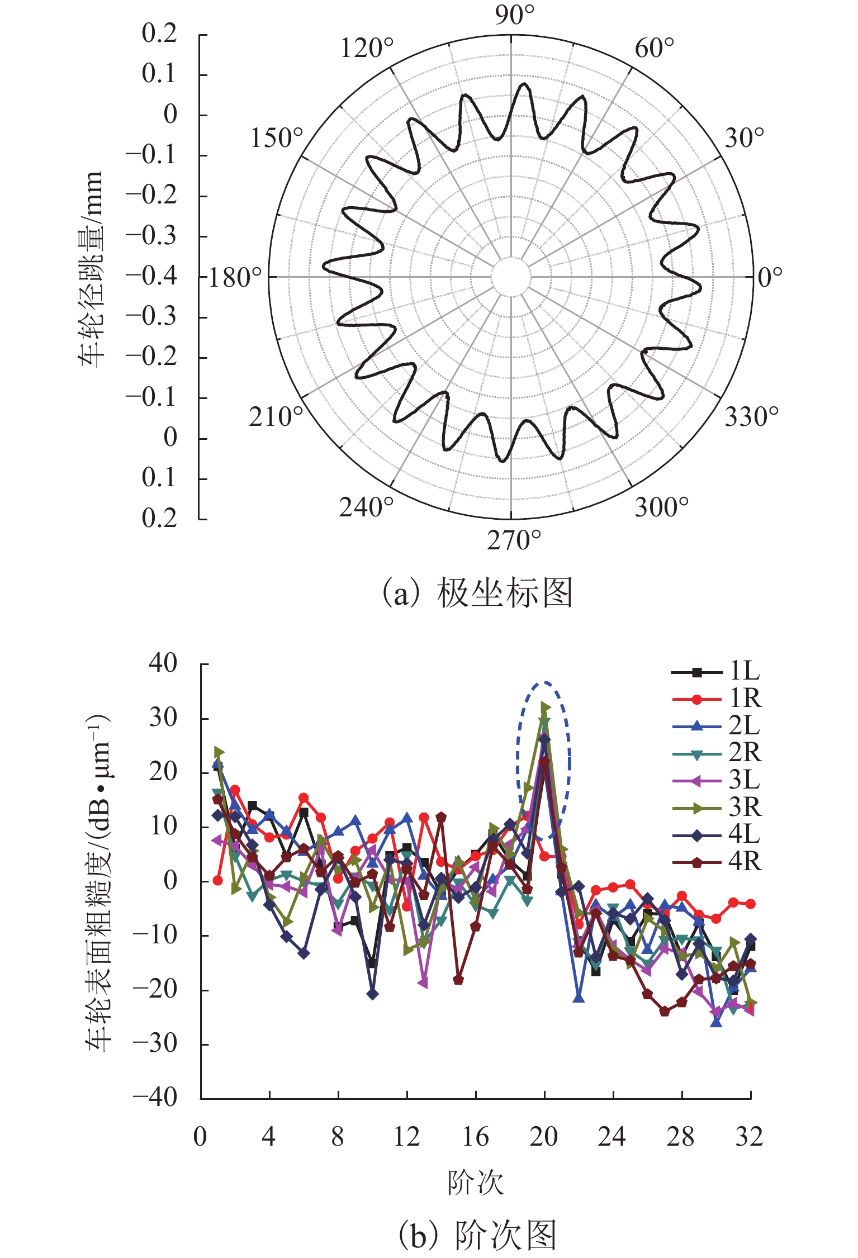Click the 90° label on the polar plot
[x=514, y=15]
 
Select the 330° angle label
[x=751, y=417]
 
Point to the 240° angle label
[x=367, y=507]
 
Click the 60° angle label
[x=655, y=49]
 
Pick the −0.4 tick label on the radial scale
[x=151, y=276]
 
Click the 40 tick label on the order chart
[x=163, y=663]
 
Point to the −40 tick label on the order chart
[x=155, y=1098]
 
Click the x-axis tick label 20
[x=544, y=1137]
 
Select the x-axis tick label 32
[x=750, y=1137]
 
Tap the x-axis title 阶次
[x=476, y=1183]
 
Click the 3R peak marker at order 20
[x=546, y=708]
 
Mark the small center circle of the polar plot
[x=511, y=277]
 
